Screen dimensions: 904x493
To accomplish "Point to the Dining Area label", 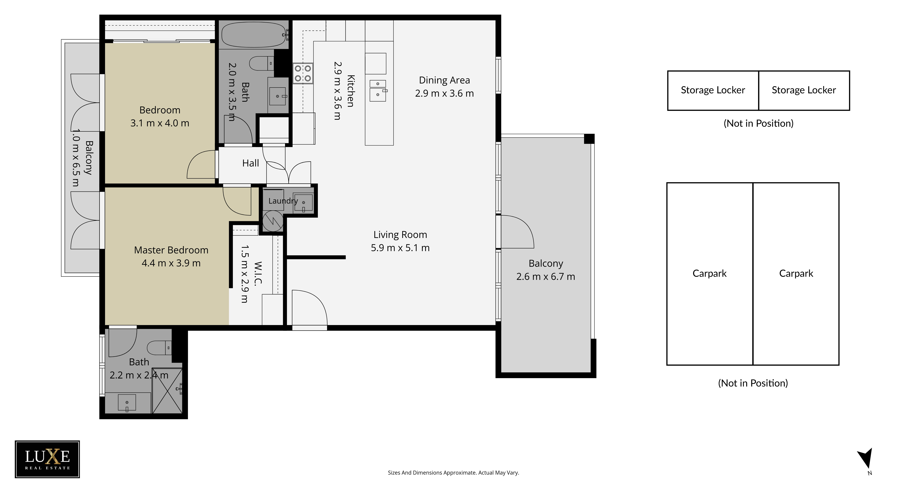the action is [444, 80].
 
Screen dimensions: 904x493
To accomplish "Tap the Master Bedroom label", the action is [171, 250].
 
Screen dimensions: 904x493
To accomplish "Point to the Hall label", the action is [250, 163].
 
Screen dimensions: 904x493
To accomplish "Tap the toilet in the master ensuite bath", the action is [159, 348].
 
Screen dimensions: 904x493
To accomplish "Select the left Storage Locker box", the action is [713, 91].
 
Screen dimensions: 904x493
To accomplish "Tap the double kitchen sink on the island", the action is [378, 91].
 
